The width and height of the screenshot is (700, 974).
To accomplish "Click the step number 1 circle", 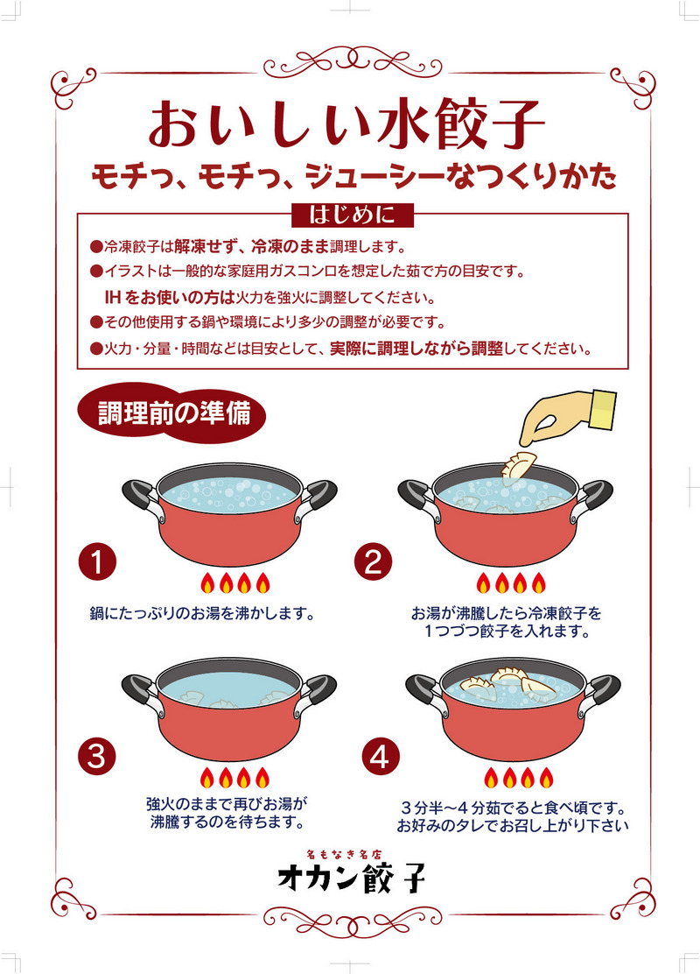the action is (97, 562).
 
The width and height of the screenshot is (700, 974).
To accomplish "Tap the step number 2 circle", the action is (373, 562).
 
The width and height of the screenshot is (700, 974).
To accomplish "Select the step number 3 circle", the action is (97, 757).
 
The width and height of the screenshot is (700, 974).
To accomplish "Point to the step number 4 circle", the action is (381, 757).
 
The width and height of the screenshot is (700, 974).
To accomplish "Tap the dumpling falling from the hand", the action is (518, 465).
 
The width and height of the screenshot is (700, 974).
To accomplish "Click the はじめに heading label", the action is (352, 215).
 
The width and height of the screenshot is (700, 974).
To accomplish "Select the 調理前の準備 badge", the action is (171, 413).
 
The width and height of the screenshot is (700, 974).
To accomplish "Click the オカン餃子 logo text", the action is (352, 877).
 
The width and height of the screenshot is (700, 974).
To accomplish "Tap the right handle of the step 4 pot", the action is (598, 693).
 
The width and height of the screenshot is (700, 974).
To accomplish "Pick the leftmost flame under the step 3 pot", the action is (207, 778).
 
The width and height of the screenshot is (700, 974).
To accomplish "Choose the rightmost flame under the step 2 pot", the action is (539, 583).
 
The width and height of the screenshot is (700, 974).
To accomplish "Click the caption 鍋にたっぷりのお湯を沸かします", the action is (203, 614).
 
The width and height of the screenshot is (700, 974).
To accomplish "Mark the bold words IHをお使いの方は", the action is (170, 298).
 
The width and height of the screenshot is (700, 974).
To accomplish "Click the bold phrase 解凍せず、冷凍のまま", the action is (251, 247).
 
